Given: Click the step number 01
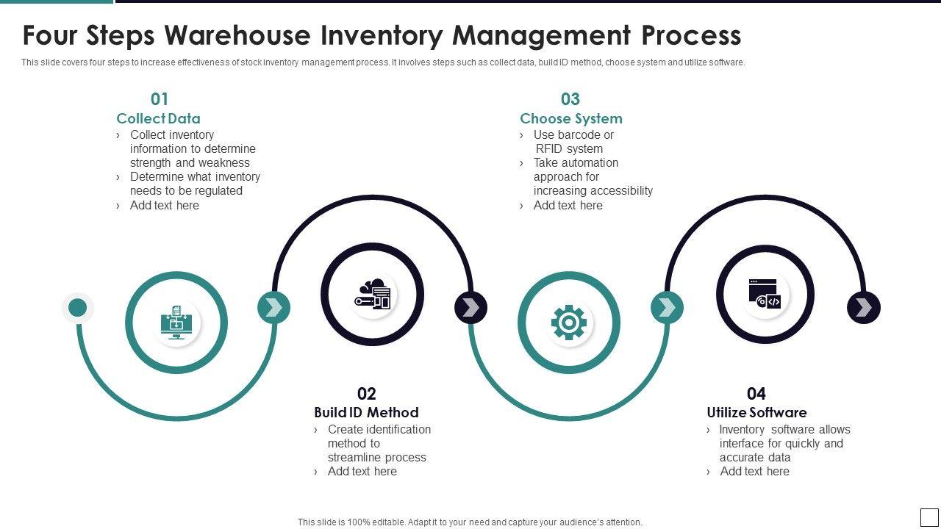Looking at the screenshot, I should point(160,99).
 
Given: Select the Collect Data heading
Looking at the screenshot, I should point(158,118).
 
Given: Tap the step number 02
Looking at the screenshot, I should point(366,394).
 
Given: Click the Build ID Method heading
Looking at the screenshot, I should point(366,412).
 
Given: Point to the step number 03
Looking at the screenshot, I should point(570,99).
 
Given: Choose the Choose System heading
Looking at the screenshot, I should point(571,118).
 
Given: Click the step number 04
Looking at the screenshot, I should point(756,394).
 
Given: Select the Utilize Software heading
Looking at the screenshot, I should point(756,412).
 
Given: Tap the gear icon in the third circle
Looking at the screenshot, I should point(568,323).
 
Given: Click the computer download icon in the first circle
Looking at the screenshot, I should point(176,323).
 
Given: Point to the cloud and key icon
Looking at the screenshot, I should point(373,295).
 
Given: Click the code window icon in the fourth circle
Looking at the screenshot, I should point(765,294).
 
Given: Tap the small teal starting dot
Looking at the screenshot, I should point(78,308).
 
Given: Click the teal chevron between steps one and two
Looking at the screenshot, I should point(273,308).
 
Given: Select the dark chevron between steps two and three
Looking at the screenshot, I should point(470,308).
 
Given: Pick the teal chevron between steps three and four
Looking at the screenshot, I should point(667,308).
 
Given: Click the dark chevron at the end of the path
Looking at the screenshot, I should point(864,308).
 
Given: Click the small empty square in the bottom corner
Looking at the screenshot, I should point(929,517).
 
